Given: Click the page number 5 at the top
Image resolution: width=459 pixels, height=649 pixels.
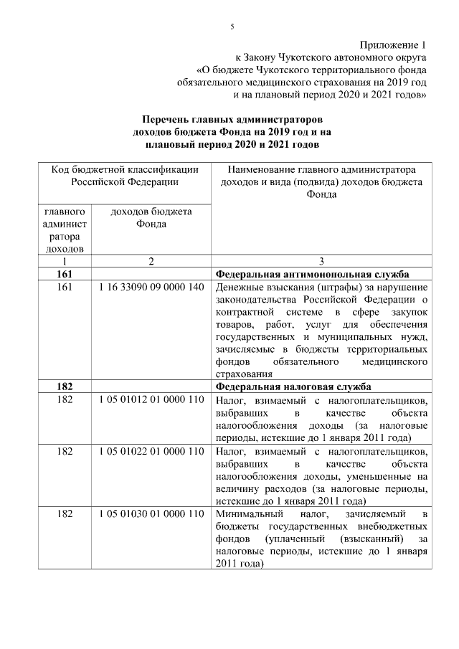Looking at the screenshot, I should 232,27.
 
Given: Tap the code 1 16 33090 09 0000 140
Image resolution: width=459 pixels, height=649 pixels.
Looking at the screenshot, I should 149,288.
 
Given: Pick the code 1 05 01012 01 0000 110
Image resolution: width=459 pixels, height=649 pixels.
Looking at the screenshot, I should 149,399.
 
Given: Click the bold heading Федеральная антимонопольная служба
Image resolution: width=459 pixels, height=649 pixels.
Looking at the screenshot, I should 312,275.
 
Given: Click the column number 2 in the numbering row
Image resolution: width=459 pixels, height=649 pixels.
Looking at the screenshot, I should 151,262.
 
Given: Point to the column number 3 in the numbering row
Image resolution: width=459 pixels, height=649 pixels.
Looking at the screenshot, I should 321,262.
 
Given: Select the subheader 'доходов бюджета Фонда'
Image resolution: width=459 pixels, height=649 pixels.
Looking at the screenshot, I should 151,217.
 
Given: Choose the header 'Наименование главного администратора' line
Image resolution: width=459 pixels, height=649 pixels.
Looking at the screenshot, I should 321,170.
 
